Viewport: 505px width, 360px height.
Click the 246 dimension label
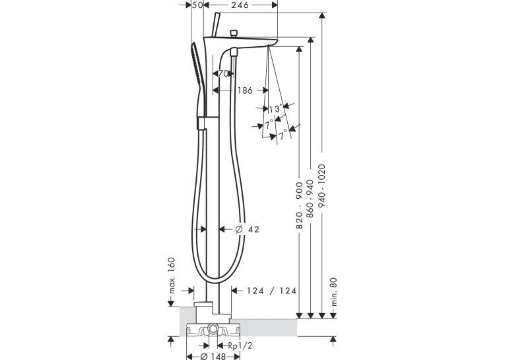[240, 5]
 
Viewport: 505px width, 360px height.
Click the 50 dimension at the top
[197, 5]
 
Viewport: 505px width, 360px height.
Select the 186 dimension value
[245, 90]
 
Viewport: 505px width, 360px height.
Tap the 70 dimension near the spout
[223, 74]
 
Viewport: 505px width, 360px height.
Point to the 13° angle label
[275, 109]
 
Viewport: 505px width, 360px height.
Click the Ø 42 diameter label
[247, 229]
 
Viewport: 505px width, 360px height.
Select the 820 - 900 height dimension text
[299, 205]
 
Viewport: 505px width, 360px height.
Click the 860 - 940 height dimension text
[310, 199]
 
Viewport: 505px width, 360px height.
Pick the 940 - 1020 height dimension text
[321, 186]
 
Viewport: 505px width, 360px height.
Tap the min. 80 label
[333, 292]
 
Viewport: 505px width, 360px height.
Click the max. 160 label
[172, 275]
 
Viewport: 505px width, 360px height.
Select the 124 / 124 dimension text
[271, 291]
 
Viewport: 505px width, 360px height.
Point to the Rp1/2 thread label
[240, 346]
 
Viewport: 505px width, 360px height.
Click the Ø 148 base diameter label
[213, 357]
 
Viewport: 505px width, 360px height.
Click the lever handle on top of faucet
[215, 25]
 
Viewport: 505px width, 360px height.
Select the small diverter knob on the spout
[234, 34]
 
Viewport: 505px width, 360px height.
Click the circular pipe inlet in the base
[213, 329]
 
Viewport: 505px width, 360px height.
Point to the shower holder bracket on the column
[201, 123]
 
